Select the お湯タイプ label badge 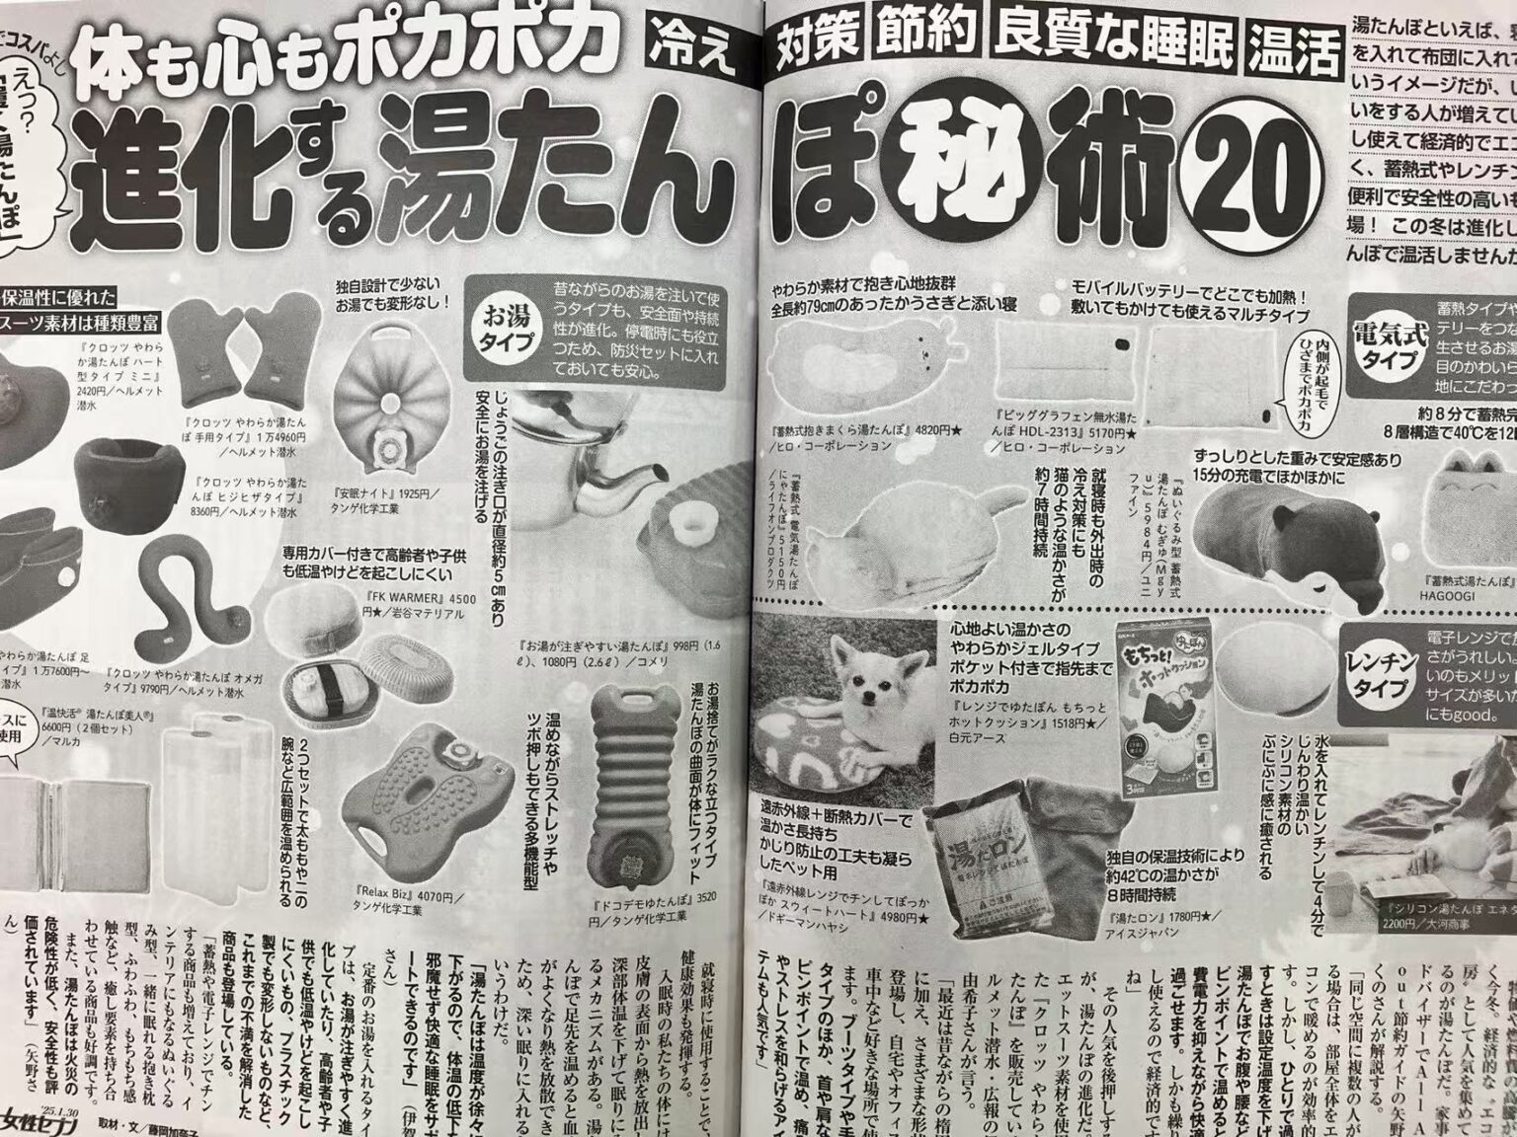point(507,332)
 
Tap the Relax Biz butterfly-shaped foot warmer point(414,813)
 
